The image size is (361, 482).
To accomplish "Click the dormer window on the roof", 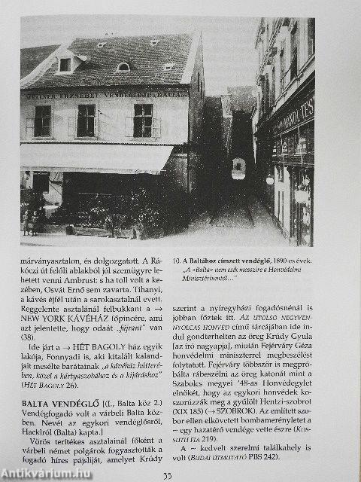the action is [65, 64].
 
